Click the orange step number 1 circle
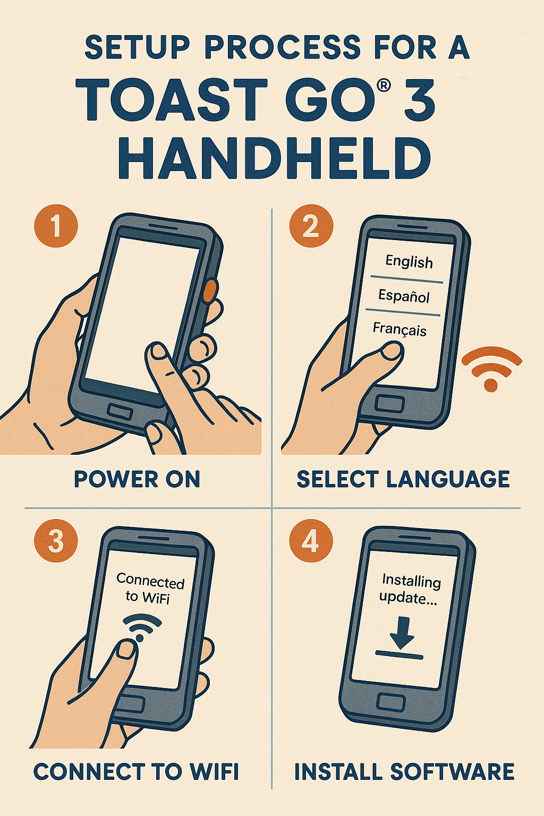[56, 226]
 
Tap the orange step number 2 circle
[311, 226]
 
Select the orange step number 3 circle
[56, 541]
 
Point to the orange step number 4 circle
[311, 541]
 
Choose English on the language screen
[409, 262]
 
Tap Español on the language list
[404, 296]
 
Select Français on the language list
[399, 329]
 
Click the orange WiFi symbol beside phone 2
[491, 369]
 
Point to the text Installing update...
[410, 590]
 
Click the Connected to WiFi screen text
[150, 589]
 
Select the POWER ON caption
[137, 479]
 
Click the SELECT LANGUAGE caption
[403, 479]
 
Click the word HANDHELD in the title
[274, 159]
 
